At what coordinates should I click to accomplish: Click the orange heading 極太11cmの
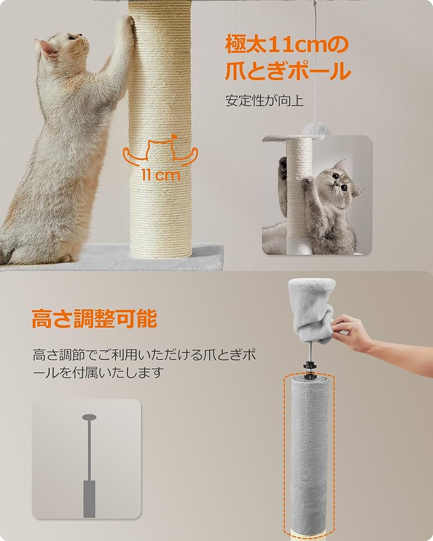[287, 45]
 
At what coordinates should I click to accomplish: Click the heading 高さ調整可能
[94, 319]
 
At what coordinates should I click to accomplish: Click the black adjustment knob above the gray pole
[307, 366]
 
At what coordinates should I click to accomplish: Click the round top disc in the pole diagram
[89, 417]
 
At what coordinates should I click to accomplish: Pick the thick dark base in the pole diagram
[89, 498]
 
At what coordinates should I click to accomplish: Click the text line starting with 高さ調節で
[143, 355]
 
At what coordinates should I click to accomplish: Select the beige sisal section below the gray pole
[309, 535]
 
